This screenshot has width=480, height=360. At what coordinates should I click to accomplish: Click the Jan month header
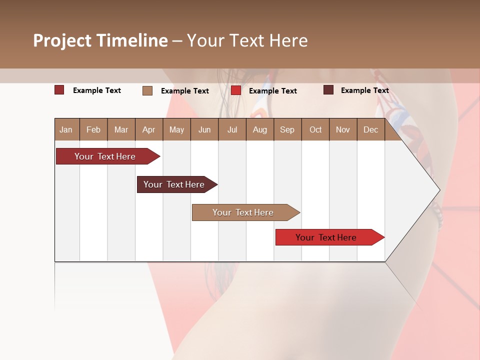(x=66, y=129)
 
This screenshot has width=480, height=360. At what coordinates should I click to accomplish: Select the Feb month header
(x=93, y=129)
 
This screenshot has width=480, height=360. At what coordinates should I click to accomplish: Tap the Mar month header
(x=121, y=129)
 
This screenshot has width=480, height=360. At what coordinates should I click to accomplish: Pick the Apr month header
(x=148, y=129)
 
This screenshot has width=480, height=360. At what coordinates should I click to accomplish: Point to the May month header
(x=176, y=129)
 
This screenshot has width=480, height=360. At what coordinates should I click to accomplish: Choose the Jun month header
(x=204, y=129)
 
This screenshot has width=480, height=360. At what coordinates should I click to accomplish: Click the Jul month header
(x=232, y=129)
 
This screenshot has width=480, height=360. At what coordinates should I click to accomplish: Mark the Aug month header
(x=259, y=129)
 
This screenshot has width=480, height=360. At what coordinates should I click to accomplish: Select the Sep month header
(x=287, y=129)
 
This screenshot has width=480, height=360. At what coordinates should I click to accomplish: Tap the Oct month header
(x=315, y=129)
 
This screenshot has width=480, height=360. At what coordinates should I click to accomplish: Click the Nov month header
(x=343, y=129)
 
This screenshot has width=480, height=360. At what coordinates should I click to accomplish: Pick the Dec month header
(x=370, y=129)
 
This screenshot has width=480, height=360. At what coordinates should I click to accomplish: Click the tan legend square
(x=147, y=90)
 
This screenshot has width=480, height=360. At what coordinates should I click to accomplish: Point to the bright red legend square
(x=236, y=90)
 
